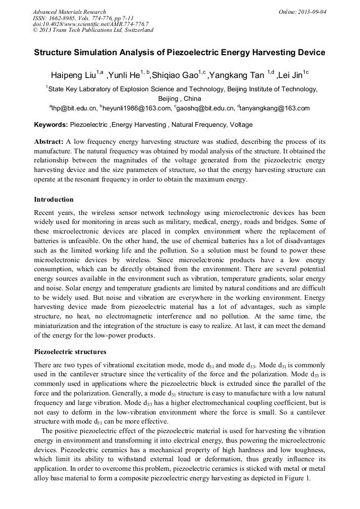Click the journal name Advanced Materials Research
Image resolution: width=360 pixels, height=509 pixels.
pyautogui.click(x=69, y=12)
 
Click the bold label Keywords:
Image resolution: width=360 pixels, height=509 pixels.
pyautogui.click(x=51, y=125)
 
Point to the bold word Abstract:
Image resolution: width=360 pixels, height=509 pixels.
pyautogui.click(x=49, y=142)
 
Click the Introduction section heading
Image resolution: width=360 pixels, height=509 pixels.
pyautogui.click(x=54, y=200)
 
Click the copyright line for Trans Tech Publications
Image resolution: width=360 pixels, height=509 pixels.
pyautogui.click(x=93, y=30)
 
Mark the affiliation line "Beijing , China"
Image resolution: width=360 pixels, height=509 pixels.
pyautogui.click(x=180, y=99)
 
